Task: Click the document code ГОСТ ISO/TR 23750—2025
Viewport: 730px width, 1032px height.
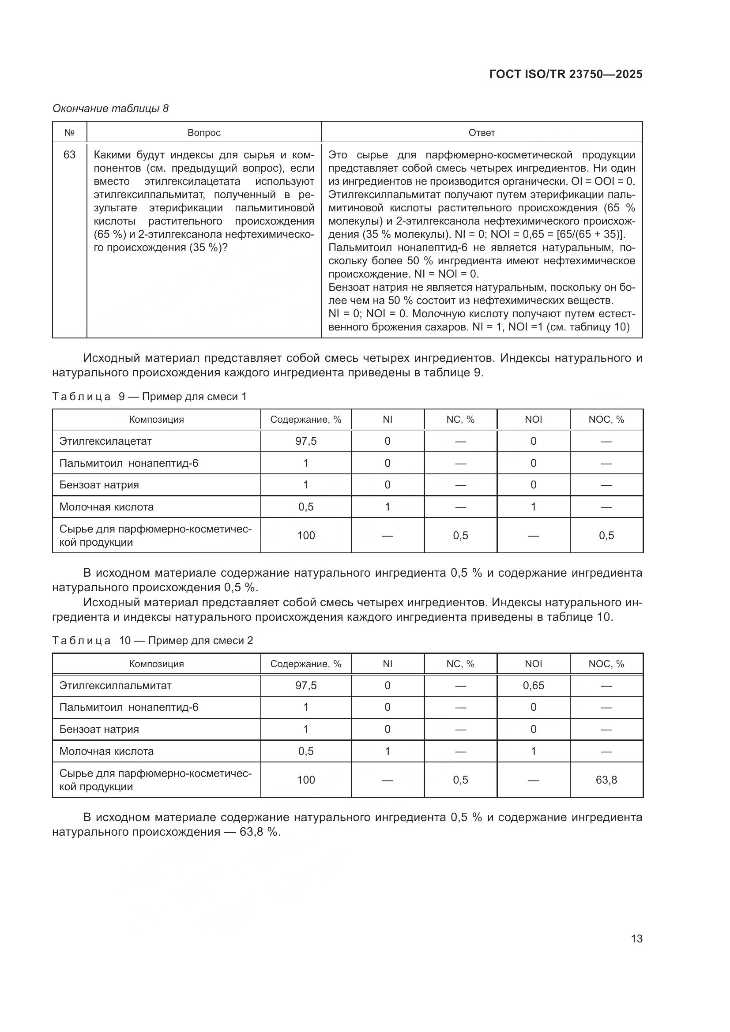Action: point(565,74)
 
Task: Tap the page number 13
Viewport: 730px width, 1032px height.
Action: point(636,938)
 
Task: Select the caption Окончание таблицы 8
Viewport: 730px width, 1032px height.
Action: point(111,109)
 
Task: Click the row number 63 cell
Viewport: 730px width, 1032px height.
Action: point(70,155)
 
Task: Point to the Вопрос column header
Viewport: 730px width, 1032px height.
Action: point(204,133)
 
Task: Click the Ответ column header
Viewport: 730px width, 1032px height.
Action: point(482,133)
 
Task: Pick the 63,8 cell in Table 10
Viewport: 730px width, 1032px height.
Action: point(606,780)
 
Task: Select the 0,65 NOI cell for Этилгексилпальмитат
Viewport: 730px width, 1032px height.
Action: point(533,686)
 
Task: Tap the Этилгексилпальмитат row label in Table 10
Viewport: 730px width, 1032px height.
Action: point(116,686)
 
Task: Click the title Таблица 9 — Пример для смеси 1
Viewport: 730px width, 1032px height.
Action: point(150,397)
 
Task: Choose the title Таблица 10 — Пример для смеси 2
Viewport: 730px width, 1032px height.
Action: point(153,641)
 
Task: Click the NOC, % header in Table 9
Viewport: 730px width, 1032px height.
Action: point(606,419)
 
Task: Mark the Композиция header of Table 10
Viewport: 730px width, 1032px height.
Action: point(156,664)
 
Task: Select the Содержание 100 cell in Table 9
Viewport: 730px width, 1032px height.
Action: point(306,535)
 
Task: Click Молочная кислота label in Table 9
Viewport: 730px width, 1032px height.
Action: point(106,507)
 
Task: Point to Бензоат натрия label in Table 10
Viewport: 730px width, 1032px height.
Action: point(99,729)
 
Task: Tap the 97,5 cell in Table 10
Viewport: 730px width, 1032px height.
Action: point(306,686)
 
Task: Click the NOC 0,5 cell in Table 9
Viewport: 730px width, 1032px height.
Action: point(606,535)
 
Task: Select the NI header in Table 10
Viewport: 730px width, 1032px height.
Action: point(388,664)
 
